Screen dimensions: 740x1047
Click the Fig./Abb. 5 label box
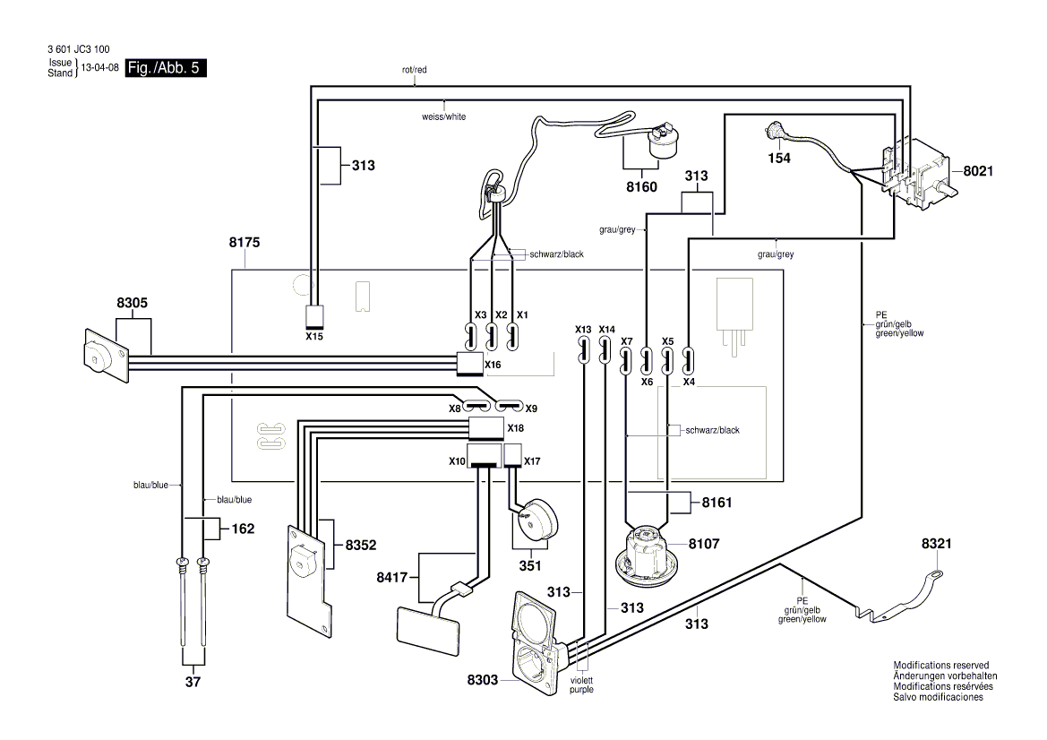tap(167, 68)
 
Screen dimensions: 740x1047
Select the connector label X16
tap(493, 365)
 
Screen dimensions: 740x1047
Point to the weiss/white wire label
tap(443, 116)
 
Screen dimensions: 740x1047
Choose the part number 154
tap(779, 158)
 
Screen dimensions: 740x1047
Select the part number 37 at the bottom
tap(193, 683)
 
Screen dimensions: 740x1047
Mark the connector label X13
tap(584, 329)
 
